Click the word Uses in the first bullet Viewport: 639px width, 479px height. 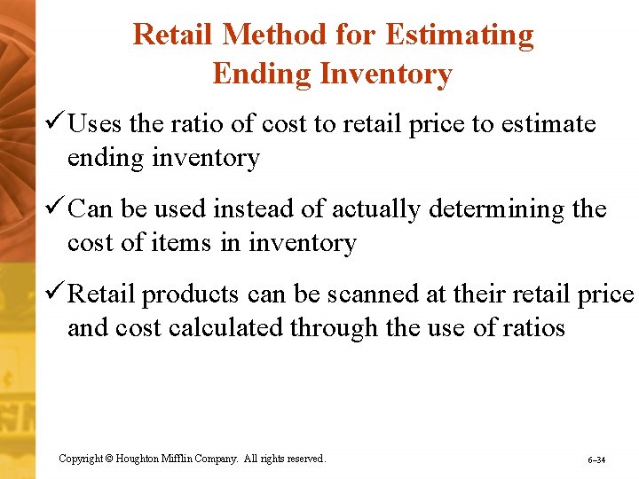(x=95, y=124)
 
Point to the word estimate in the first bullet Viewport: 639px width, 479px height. (x=548, y=124)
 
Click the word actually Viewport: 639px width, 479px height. (x=376, y=209)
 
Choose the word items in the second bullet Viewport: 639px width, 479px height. (x=196, y=243)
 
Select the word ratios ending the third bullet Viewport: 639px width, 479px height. (x=532, y=328)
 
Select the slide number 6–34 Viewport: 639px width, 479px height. (x=596, y=460)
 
